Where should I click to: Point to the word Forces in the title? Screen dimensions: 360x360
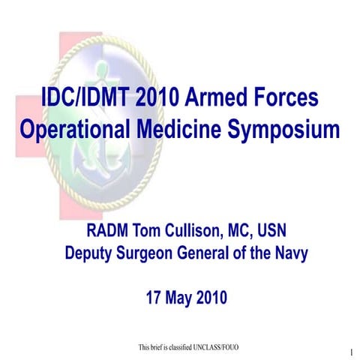[x=287, y=99]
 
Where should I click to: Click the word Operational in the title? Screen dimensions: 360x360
[x=75, y=130]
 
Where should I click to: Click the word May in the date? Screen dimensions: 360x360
[x=181, y=297]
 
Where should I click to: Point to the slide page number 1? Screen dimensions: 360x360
[x=351, y=352]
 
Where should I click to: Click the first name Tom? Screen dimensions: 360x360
[x=147, y=229]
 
